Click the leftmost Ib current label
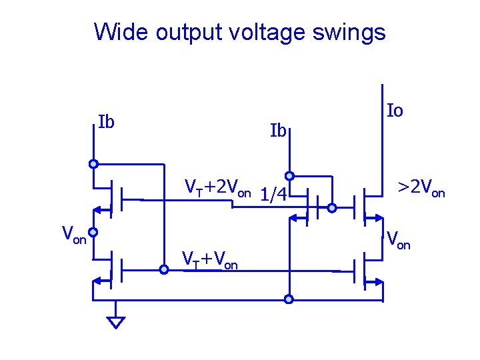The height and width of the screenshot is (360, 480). click(106, 122)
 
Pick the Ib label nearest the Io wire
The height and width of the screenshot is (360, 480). click(278, 130)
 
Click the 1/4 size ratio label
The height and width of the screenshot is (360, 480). click(273, 195)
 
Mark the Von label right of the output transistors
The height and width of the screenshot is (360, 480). click(399, 238)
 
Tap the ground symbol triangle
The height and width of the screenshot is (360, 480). click(116, 322)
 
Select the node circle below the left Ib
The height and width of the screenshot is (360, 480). click(94, 163)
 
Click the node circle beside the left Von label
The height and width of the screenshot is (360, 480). click(94, 233)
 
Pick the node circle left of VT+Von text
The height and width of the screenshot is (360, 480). click(164, 270)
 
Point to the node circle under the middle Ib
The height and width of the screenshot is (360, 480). click(289, 176)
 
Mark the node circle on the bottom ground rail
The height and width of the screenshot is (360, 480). click(289, 299)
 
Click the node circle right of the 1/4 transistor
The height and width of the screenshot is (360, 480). click(332, 209)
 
